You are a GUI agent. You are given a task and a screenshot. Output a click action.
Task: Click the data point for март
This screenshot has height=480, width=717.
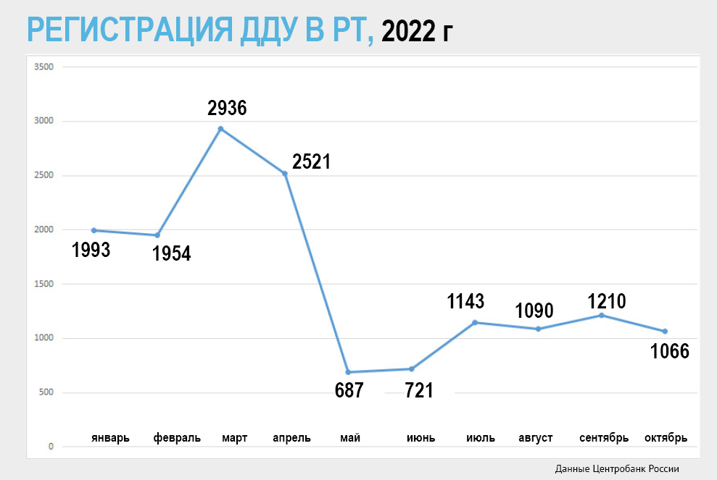click(220, 129)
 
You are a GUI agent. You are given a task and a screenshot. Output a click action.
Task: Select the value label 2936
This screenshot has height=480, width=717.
click(227, 109)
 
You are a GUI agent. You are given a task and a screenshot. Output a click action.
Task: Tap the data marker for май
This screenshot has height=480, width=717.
click(349, 372)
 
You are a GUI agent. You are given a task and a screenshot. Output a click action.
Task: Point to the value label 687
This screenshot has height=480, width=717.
click(349, 391)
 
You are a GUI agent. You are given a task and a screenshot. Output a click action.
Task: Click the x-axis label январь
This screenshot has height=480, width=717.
click(110, 438)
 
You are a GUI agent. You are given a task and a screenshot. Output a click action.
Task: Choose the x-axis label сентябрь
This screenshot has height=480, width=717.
click(603, 438)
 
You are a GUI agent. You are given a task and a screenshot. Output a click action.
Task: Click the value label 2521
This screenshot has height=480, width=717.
click(311, 161)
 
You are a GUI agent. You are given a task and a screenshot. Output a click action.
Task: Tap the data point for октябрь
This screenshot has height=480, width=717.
click(665, 332)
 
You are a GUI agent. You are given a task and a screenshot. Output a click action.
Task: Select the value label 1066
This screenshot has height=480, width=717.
click(669, 352)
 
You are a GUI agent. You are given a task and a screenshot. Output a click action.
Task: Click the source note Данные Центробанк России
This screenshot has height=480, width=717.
click(618, 468)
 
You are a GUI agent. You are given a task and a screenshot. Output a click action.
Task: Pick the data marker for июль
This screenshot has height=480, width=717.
click(475, 322)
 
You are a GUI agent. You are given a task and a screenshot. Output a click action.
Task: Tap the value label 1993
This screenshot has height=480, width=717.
click(91, 250)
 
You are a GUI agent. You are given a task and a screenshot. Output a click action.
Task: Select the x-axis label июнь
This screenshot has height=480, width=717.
click(420, 438)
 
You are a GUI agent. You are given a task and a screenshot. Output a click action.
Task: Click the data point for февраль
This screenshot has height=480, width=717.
click(157, 235)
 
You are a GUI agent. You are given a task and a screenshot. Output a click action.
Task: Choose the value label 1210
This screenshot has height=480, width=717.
click(606, 300)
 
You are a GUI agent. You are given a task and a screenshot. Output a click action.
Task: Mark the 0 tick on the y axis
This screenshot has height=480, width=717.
click(51, 447)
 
